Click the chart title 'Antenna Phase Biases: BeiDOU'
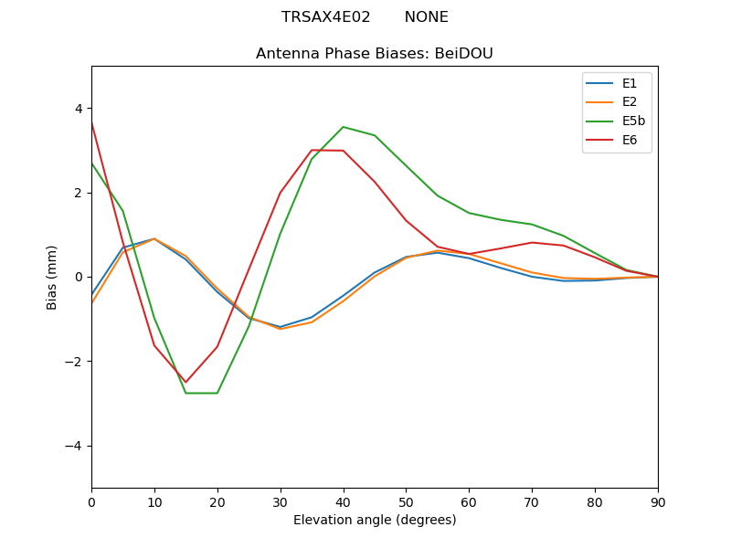(x=375, y=54)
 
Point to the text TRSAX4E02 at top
(x=325, y=17)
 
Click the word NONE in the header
(x=426, y=17)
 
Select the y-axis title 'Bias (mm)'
(x=52, y=277)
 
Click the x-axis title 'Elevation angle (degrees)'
(x=375, y=521)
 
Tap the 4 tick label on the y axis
(x=78, y=109)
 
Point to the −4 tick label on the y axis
(x=74, y=446)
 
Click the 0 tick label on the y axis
(x=78, y=277)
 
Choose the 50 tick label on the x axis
(x=406, y=501)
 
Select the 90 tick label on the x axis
(x=658, y=501)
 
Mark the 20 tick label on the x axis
(x=217, y=501)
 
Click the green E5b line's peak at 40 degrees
(x=344, y=127)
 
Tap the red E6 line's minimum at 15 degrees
(x=185, y=382)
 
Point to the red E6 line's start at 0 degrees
(x=92, y=122)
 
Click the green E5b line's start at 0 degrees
(x=92, y=163)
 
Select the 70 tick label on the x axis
(x=532, y=501)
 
